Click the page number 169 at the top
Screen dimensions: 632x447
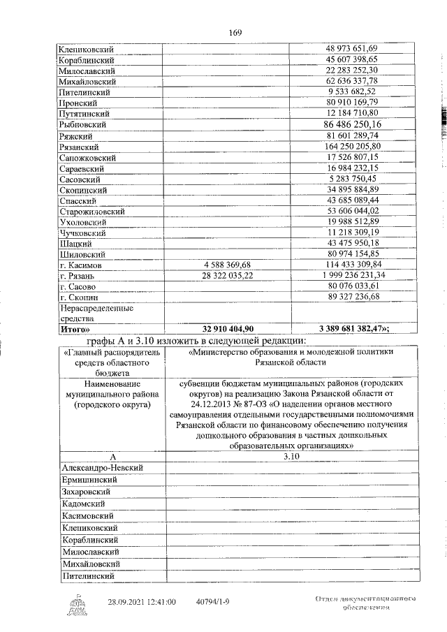(234, 31)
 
